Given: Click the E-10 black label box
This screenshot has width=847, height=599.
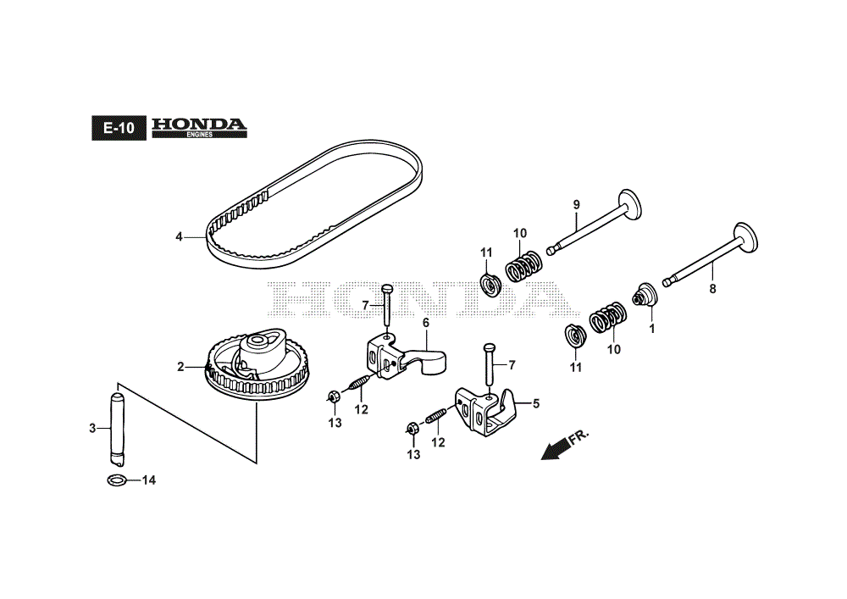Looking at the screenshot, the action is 119,128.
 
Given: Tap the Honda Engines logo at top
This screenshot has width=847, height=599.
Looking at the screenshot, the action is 199,127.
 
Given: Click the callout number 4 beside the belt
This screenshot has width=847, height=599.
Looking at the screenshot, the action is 179,236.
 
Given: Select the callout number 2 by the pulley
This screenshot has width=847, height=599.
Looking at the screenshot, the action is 181,367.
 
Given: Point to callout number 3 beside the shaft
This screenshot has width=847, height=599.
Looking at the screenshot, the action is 92,429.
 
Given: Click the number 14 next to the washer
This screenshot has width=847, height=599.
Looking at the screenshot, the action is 148,480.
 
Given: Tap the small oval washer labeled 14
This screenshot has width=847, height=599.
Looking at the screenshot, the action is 117,480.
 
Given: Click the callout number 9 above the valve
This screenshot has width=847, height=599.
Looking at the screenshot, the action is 576,205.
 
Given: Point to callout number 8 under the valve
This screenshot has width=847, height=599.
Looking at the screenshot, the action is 712,289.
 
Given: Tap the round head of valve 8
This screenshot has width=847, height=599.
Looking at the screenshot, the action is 746,238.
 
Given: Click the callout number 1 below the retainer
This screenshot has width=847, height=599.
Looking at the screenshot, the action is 652,329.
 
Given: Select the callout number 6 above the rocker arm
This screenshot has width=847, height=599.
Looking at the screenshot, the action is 426,323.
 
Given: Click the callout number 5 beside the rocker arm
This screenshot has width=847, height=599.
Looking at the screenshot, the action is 536,403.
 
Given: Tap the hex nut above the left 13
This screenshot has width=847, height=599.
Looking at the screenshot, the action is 333,397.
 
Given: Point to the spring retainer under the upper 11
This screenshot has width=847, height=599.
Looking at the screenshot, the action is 490,285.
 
